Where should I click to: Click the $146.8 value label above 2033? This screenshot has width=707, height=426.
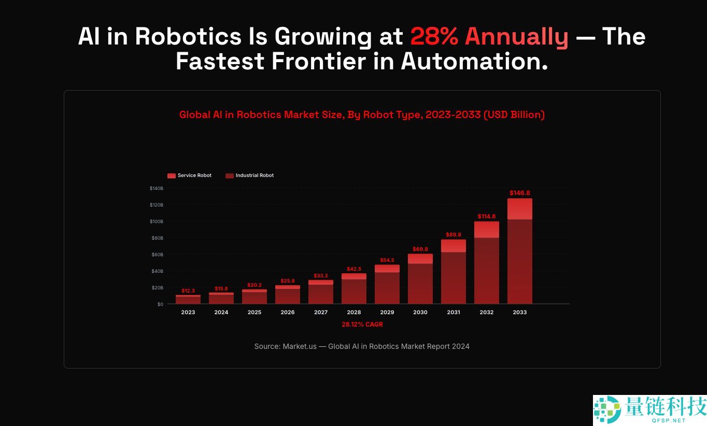click(x=519, y=193)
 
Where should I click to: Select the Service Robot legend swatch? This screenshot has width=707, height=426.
click(x=172, y=175)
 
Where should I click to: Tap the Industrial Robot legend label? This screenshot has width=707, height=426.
click(x=254, y=175)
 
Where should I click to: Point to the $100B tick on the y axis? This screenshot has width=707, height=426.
click(x=157, y=222)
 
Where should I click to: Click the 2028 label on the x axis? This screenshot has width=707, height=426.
click(x=354, y=312)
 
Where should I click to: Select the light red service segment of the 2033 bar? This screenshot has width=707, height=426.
click(x=519, y=209)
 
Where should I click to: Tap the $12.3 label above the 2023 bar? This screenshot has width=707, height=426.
click(x=188, y=291)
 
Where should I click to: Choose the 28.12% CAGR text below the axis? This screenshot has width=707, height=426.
click(x=362, y=325)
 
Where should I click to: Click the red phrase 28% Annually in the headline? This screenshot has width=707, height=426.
click(x=489, y=37)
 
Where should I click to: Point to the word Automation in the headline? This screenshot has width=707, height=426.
click(x=474, y=62)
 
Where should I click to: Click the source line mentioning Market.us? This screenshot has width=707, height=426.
click(x=362, y=346)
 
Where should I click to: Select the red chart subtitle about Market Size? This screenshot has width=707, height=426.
click(x=362, y=115)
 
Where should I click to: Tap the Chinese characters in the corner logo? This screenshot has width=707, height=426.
click(x=666, y=406)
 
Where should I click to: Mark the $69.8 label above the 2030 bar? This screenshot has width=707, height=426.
click(x=420, y=249)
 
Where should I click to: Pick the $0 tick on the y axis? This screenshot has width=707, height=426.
click(x=160, y=304)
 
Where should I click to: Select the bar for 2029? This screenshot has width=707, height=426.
click(x=387, y=285)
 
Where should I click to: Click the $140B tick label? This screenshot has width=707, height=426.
click(x=157, y=188)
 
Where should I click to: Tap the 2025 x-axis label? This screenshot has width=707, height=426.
click(x=254, y=312)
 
